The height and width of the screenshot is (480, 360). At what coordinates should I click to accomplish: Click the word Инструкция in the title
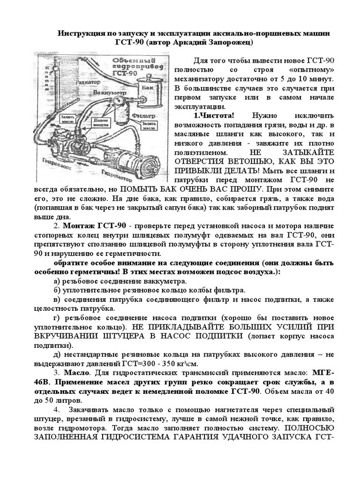tap(80, 34)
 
